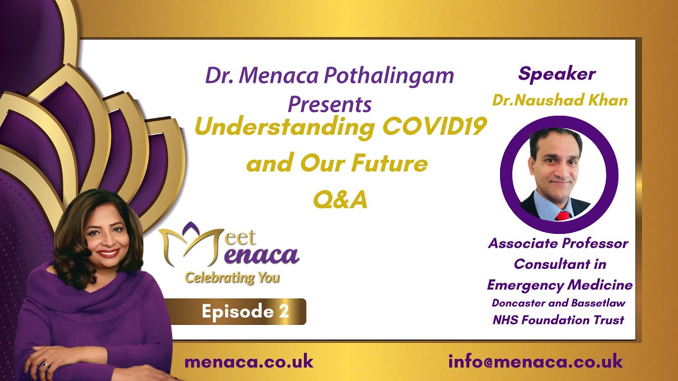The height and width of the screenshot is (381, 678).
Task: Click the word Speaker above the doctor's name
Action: point(557,75)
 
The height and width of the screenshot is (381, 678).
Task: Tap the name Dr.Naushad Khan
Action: point(560,101)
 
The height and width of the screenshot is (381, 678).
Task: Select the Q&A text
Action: point(340,199)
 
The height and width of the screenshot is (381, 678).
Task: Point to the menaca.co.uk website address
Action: point(249,361)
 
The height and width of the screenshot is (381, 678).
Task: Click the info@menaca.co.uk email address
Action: point(536,361)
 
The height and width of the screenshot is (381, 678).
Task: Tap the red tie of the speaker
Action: point(563,216)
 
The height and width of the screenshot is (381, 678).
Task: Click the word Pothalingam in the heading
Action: point(389,76)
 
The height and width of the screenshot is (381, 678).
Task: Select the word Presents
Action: point(329,105)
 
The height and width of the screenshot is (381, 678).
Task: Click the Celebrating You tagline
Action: point(232,278)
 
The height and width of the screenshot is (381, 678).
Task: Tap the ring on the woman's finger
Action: point(45,365)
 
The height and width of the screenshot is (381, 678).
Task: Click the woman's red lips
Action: point(108,253)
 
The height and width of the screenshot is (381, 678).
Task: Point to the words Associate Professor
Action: point(558,243)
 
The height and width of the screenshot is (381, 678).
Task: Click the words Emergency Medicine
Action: point(560,285)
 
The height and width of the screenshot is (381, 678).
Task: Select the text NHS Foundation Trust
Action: point(558,320)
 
